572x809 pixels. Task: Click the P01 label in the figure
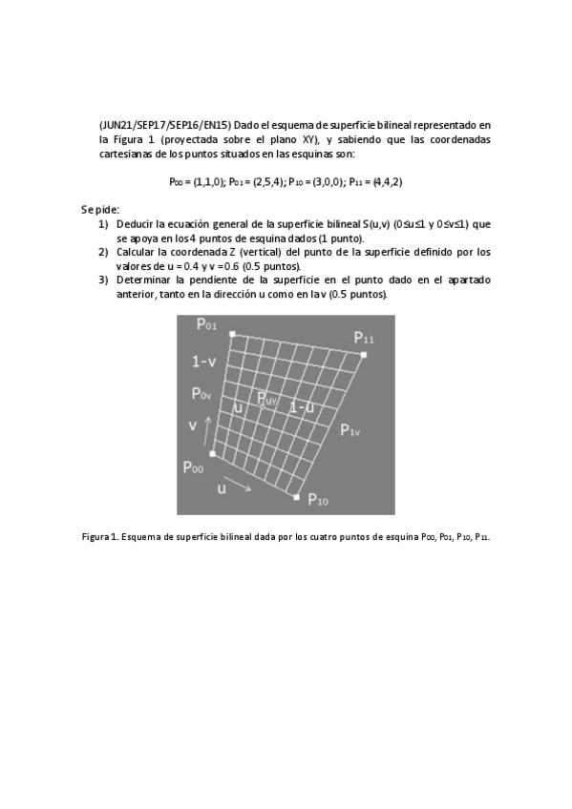[x=207, y=325]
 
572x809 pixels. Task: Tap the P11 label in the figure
[x=364, y=338]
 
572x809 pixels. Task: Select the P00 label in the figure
[x=193, y=467]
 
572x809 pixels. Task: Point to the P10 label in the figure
[x=318, y=502]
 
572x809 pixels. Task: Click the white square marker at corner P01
[x=232, y=334]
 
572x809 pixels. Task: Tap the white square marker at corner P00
[x=212, y=454]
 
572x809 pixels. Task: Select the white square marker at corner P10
[x=297, y=497]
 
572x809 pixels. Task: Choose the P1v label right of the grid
[x=350, y=431]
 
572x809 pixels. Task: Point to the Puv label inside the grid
[x=266, y=399]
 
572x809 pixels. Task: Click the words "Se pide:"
[x=100, y=208]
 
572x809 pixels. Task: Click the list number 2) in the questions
[x=103, y=252]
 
